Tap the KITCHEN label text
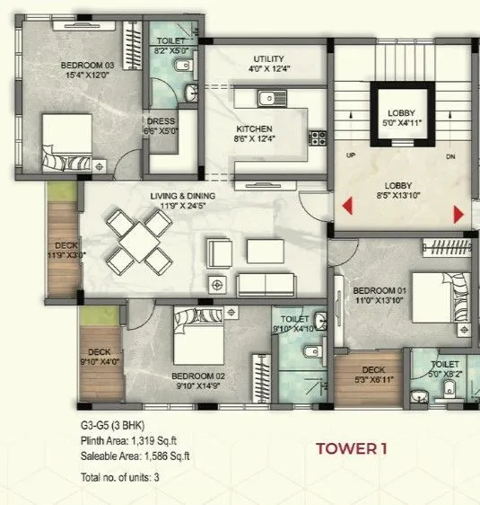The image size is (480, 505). click(253, 128)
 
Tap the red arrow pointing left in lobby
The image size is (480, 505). click(345, 212)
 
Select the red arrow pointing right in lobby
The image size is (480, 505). click(458, 213)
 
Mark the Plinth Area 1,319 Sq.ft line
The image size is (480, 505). click(130, 440)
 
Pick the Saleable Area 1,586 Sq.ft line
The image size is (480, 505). click(135, 456)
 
